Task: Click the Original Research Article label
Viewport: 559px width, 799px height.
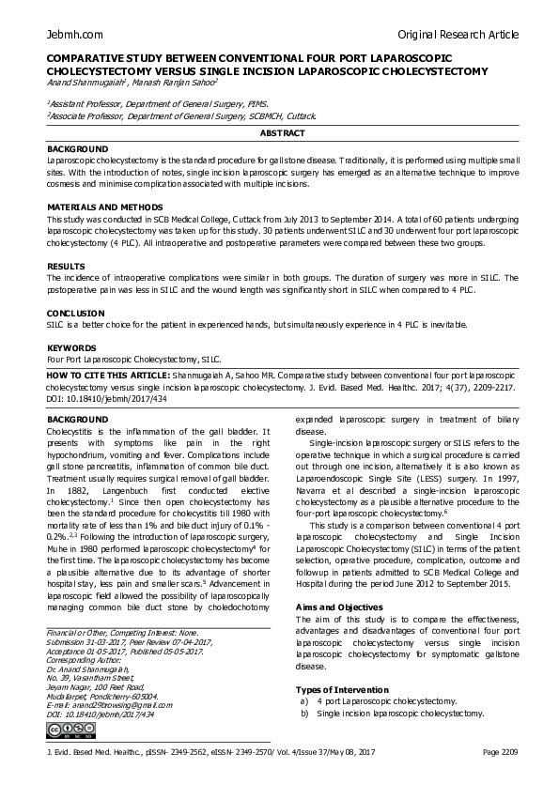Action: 458,35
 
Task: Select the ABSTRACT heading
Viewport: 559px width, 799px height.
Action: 279,134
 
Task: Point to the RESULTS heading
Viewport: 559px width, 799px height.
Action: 66,266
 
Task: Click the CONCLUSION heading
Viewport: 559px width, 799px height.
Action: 75,312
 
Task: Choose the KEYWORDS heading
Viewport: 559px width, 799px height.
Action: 71,346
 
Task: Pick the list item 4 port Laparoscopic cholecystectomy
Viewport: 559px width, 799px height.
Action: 387,700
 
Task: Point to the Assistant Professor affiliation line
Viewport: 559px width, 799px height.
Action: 158,104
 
